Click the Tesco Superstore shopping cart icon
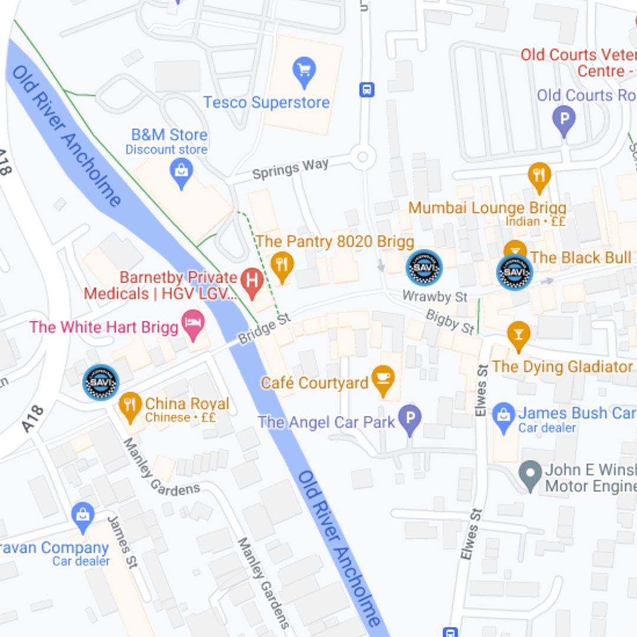pyautogui.click(x=304, y=71)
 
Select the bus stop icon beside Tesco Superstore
pyautogui.click(x=367, y=90)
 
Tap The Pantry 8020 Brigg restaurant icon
pyautogui.click(x=283, y=265)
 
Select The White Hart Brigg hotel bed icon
pyautogui.click(x=194, y=324)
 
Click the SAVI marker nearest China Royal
pyautogui.click(x=101, y=382)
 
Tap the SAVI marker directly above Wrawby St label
pyautogui.click(x=424, y=268)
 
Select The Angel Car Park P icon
pyautogui.click(x=410, y=419)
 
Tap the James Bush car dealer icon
pyautogui.click(x=504, y=416)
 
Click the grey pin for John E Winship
pyautogui.click(x=530, y=475)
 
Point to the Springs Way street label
pyautogui.click(x=290, y=169)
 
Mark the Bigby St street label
pyautogui.click(x=450, y=321)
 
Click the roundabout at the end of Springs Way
pyautogui.click(x=362, y=157)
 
